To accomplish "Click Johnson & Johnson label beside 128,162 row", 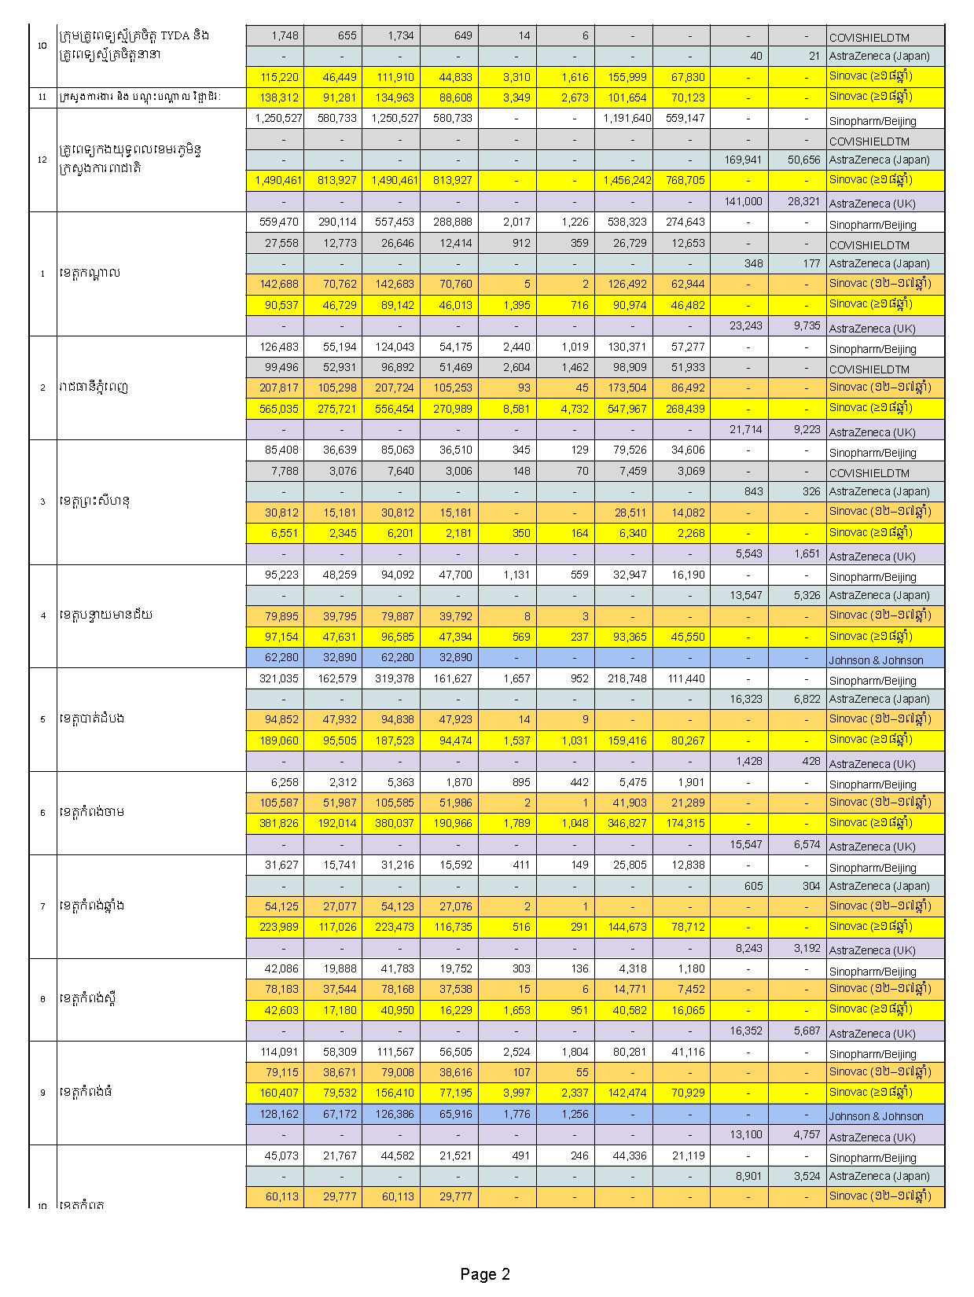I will tap(876, 1116).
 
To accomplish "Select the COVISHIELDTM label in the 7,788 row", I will tap(869, 473).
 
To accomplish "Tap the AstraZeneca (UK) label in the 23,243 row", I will tap(872, 329).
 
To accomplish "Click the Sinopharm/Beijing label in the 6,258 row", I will tap(872, 784).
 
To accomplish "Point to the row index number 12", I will tap(42, 160).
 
